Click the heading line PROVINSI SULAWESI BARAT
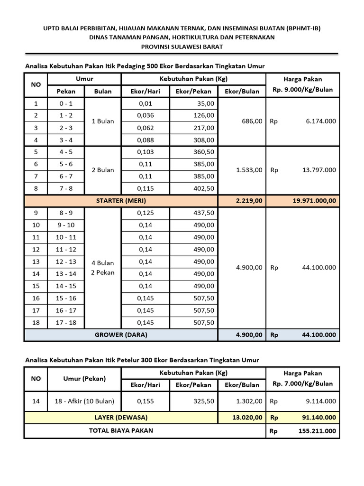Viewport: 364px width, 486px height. (182, 47)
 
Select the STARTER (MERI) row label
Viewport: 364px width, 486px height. (120, 201)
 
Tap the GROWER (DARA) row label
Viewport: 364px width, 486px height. (120, 335)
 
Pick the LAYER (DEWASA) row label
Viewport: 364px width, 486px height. (120, 418)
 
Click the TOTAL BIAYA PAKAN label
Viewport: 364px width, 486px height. (120, 430)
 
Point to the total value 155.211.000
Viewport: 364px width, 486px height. (318, 431)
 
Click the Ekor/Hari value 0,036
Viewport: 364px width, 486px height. (145, 115)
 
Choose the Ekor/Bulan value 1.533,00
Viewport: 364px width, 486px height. (249, 170)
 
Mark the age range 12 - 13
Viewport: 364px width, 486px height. (66, 262)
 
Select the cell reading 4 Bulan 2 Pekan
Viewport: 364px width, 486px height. (103, 268)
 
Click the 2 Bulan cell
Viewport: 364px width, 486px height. (103, 170)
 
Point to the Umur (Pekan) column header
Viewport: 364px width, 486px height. (84, 379)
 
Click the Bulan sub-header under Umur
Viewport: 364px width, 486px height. (103, 91)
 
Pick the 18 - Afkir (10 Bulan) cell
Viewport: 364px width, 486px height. (84, 402)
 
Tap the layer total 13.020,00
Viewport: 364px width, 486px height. (249, 418)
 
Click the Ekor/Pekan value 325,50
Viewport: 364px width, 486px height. (201, 402)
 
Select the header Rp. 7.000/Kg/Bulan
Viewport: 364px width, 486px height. (302, 383)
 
